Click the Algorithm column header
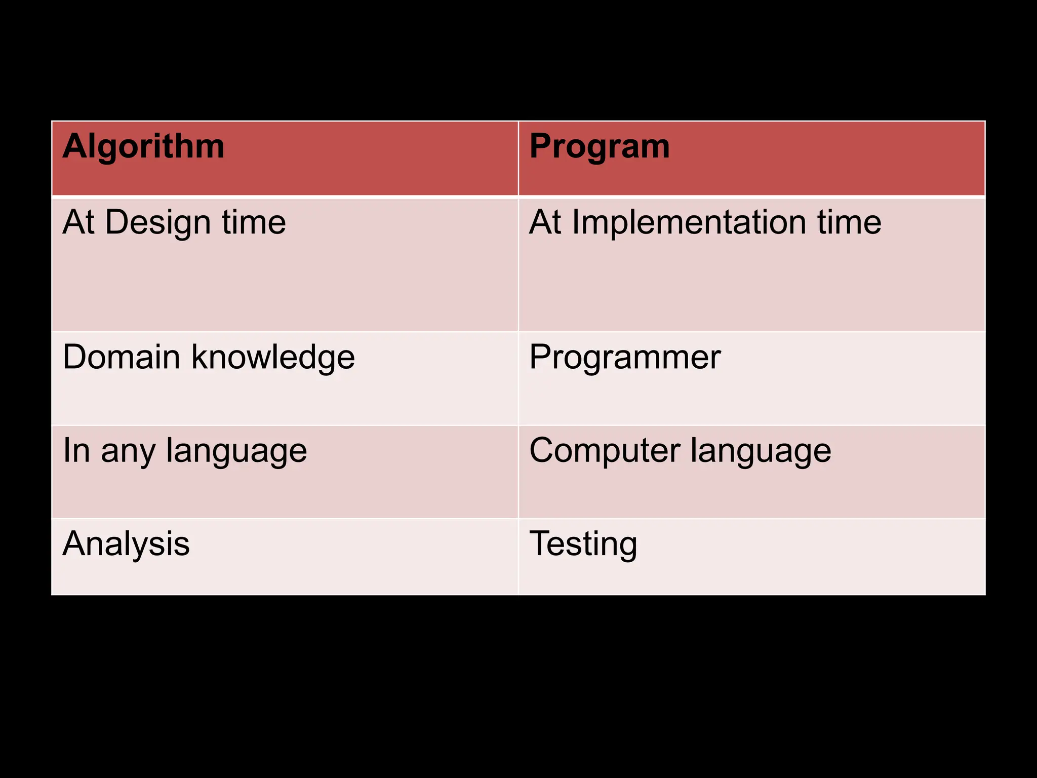(x=143, y=147)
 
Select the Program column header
(x=600, y=147)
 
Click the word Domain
(x=121, y=357)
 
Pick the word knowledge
(x=273, y=358)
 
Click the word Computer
(x=603, y=451)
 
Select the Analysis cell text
(x=126, y=544)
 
